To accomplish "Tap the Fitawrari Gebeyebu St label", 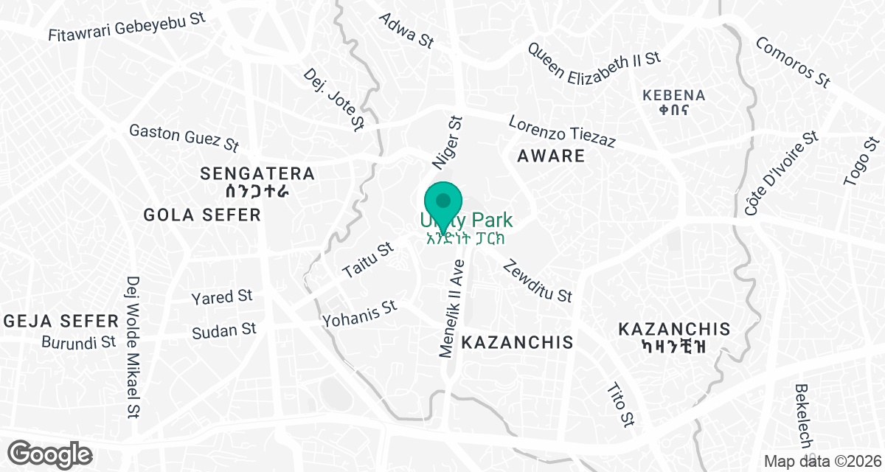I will pyautogui.click(x=126, y=26).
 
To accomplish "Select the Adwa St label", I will pyautogui.click(x=405, y=30).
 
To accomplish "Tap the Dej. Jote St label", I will pyautogui.click(x=334, y=100).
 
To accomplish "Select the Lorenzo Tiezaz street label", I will pyautogui.click(x=562, y=131).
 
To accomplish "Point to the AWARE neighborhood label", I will pyautogui.click(x=551, y=156).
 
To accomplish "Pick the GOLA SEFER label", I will pyautogui.click(x=202, y=215).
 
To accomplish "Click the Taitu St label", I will pyautogui.click(x=368, y=261).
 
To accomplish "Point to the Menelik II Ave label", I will pyautogui.click(x=452, y=308).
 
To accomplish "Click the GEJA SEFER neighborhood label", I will pyautogui.click(x=61, y=321).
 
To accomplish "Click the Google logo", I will pyautogui.click(x=51, y=453).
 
